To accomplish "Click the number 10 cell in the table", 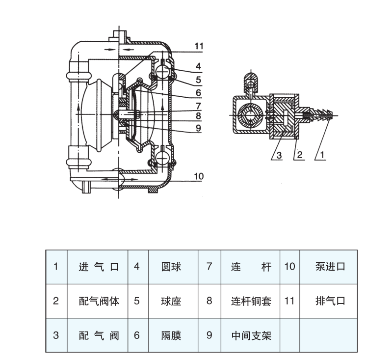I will (289, 267).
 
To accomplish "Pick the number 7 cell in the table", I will (209, 267).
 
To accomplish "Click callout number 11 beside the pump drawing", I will (198, 46).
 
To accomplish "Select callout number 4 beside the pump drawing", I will (198, 66).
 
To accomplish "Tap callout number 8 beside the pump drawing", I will (198, 116).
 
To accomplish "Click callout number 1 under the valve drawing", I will (323, 154).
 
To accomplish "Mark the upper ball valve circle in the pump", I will (161, 73).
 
